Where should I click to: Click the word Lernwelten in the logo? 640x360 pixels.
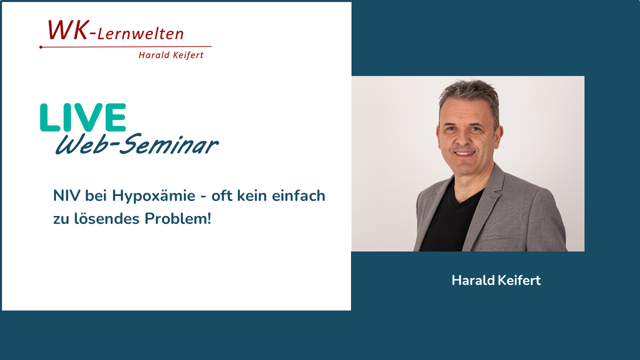click(x=140, y=33)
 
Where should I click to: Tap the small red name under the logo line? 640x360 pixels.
click(x=171, y=55)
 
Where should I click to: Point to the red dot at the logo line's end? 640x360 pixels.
click(x=41, y=47)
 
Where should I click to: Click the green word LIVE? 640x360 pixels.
click(x=83, y=117)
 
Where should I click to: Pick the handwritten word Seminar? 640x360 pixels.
click(x=168, y=143)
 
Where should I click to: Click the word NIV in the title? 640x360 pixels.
click(x=66, y=195)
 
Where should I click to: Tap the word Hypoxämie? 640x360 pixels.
click(x=153, y=196)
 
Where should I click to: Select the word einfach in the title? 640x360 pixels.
click(x=298, y=195)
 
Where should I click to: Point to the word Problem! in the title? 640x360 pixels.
click(x=177, y=218)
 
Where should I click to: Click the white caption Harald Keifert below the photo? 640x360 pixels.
click(x=496, y=280)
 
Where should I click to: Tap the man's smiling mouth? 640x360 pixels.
click(x=464, y=153)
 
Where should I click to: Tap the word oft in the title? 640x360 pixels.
click(x=221, y=195)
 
